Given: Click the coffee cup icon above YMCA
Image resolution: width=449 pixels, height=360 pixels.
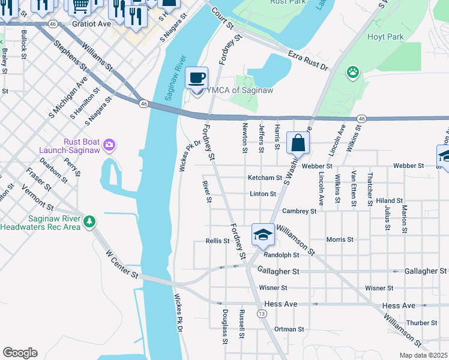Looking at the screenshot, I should [x=197, y=78].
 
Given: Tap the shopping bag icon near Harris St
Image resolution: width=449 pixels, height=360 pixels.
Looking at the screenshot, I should [x=298, y=143].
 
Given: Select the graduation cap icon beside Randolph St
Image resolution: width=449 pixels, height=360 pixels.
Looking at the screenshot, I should [x=263, y=235].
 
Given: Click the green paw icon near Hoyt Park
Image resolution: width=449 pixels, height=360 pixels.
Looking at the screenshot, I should [x=352, y=73].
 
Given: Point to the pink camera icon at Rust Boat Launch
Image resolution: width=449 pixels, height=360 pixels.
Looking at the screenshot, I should [x=109, y=145].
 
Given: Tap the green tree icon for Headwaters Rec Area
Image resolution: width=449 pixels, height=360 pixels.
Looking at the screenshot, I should [x=89, y=222].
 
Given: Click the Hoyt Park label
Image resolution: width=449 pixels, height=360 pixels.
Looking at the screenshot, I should [x=385, y=37].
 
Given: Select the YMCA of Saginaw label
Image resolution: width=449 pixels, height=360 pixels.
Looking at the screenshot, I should [x=235, y=91].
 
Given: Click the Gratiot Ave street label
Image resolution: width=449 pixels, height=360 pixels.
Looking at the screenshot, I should [x=91, y=24].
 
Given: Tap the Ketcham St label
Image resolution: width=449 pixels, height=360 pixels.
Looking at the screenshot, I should [x=265, y=178].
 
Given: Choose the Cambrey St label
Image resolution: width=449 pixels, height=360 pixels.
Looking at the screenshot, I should [x=299, y=211].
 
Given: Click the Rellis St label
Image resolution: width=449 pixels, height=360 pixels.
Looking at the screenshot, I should [x=217, y=241].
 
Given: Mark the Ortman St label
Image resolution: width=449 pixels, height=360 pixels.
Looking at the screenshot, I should [x=289, y=329].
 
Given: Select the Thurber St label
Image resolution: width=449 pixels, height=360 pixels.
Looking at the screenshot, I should [x=421, y=323].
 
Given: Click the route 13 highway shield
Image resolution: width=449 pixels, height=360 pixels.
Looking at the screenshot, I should [x=261, y=313].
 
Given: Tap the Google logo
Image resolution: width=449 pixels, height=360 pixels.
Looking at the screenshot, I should [x=20, y=353].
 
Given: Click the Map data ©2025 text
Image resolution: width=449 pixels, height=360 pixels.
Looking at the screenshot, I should [x=423, y=355].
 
